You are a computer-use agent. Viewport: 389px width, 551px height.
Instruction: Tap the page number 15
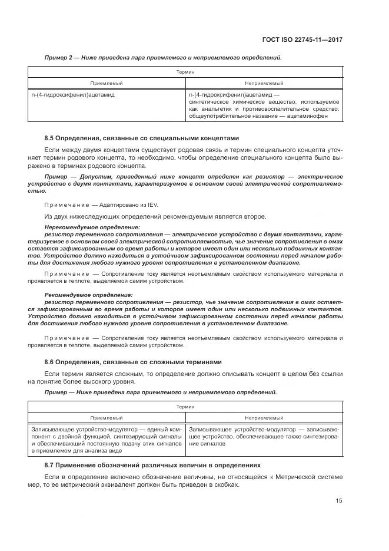[339, 501]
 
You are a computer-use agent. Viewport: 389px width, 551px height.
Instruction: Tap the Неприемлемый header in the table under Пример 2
[264, 84]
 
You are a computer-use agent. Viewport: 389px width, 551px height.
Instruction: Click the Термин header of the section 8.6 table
[185, 407]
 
